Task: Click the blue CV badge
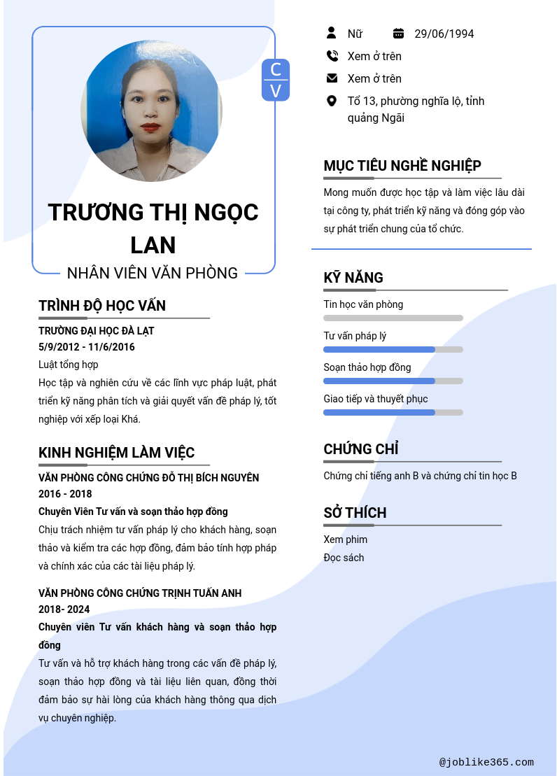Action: click(276, 80)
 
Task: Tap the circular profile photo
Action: click(151, 111)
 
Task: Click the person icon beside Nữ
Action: click(332, 33)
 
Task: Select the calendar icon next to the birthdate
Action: click(399, 33)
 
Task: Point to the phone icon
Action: click(332, 56)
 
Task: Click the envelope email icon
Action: click(332, 78)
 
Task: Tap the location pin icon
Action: click(332, 101)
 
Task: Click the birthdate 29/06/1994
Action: click(444, 34)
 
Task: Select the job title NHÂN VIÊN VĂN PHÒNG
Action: click(153, 273)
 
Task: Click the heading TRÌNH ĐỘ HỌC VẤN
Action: click(102, 306)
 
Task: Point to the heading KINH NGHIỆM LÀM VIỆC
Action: click(116, 453)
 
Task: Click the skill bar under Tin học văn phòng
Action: click(393, 318)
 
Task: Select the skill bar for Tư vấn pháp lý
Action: click(393, 350)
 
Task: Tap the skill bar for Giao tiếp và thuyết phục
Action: click(393, 413)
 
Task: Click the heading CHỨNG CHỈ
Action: click(361, 449)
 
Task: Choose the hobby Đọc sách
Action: click(344, 558)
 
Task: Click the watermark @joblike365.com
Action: click(486, 763)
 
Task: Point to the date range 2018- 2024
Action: click(64, 609)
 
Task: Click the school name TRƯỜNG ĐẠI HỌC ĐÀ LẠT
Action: click(97, 330)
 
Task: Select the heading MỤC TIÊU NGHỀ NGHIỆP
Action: click(402, 166)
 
